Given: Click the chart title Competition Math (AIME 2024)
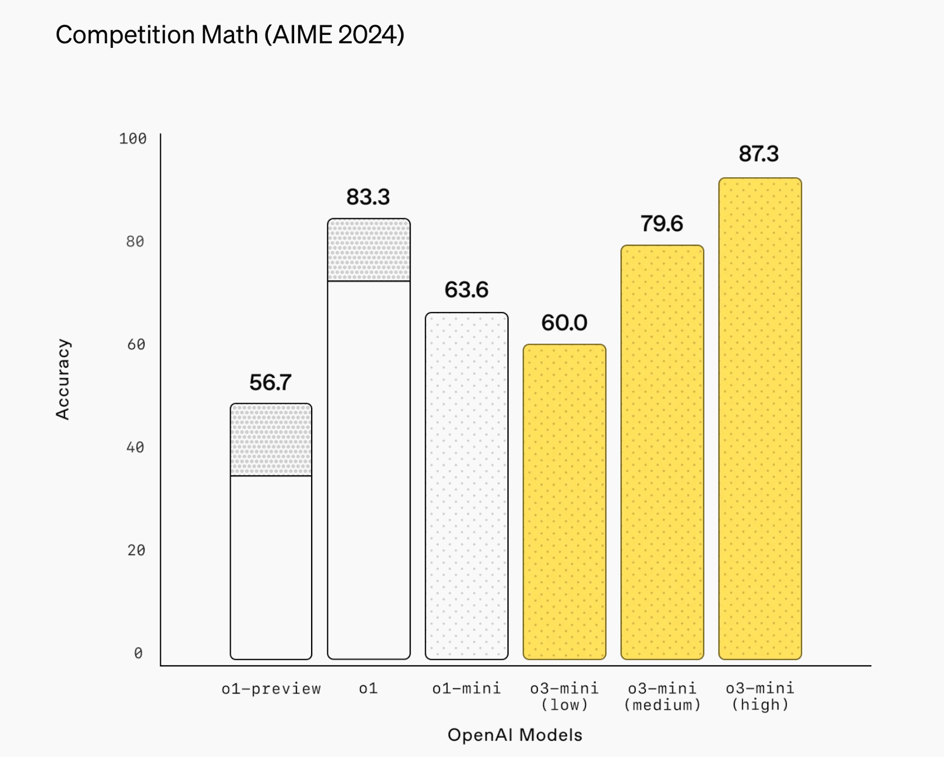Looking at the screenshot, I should [230, 35].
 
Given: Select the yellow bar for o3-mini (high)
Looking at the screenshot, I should [760, 418].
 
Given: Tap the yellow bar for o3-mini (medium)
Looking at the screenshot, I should [662, 452].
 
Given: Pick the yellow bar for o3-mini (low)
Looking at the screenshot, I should [564, 502].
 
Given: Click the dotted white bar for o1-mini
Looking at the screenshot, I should [466, 486].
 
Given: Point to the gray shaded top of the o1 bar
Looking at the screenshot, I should [368, 250].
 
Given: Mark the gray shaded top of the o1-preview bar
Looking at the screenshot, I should [271, 440].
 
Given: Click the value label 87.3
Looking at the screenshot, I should [758, 154].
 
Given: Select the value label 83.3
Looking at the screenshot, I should [368, 197].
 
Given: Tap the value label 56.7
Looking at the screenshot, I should [270, 383].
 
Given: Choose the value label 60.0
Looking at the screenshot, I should [564, 323].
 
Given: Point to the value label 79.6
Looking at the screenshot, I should [662, 224].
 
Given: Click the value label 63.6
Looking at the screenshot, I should [466, 290].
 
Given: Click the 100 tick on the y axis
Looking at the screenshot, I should [133, 139].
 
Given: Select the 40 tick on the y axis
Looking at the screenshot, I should [136, 448].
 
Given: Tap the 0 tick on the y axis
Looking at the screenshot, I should [138, 654].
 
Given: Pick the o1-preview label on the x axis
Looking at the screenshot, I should [271, 689].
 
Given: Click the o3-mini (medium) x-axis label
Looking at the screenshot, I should [662, 697].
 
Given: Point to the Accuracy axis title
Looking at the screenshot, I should [63, 379].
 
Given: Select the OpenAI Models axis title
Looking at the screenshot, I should [515, 735].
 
